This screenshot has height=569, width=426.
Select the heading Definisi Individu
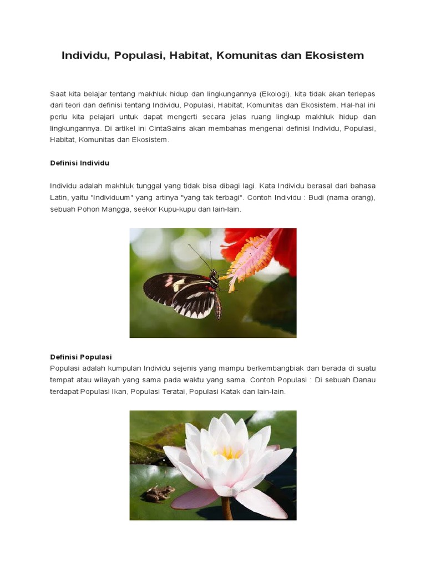tap(79, 163)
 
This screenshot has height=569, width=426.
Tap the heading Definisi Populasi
tap(81, 357)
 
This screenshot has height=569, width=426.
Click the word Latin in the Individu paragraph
tap(58, 198)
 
